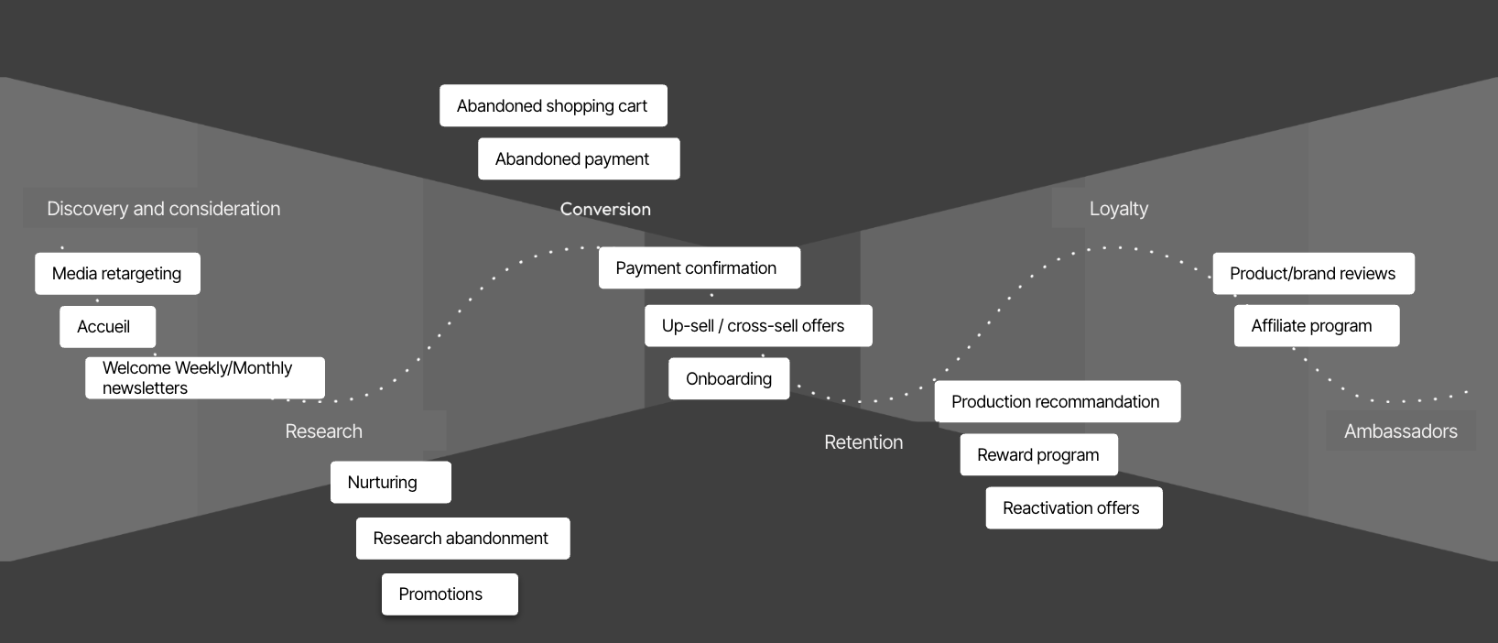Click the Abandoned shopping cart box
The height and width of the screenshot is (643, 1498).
(553, 106)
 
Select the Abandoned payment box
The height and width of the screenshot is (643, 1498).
(579, 159)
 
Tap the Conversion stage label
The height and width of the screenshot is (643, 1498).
(605, 209)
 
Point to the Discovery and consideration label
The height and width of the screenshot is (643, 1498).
(164, 209)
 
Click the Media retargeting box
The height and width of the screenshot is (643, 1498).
(117, 274)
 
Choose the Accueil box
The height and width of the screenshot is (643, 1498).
(107, 327)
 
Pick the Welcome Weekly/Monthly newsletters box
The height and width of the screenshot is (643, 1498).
(205, 378)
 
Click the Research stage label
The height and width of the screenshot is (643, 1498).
(324, 431)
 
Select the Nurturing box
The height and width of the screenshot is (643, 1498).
(390, 483)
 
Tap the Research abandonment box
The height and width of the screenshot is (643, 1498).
(462, 539)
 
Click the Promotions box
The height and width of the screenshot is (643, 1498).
(450, 594)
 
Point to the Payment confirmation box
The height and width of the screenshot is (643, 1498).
(700, 268)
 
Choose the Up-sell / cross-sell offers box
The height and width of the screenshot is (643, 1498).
(758, 326)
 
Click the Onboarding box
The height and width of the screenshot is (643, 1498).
(729, 379)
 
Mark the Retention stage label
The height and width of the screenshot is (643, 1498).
(863, 442)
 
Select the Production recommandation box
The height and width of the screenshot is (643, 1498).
(1058, 402)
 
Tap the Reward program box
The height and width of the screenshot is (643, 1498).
(1038, 455)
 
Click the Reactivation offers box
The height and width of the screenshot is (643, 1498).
(1073, 508)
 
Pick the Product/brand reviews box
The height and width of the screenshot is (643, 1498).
(1313, 274)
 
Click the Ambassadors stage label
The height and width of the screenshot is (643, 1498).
(1401, 431)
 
